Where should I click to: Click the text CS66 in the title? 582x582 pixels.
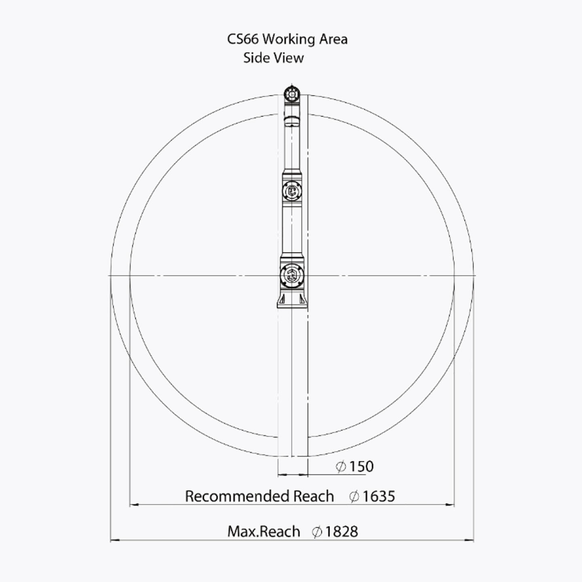[x=242, y=39]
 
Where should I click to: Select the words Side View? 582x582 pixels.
[x=273, y=58]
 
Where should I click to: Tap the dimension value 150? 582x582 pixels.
[x=361, y=467]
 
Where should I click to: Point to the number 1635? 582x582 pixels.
[x=379, y=497]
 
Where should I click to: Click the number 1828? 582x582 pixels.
[x=342, y=532]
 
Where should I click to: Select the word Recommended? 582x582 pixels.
[x=237, y=497]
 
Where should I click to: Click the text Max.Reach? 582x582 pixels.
[x=264, y=532]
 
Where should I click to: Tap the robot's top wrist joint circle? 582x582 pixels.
[x=292, y=95]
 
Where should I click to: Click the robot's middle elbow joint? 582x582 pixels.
[x=292, y=191]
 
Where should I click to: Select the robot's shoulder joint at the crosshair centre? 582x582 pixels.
[x=292, y=276]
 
